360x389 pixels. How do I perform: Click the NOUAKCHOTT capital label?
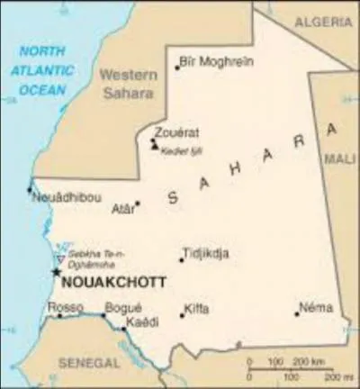pyautogui.click(x=112, y=283)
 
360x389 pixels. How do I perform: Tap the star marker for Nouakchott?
pyautogui.click(x=56, y=271)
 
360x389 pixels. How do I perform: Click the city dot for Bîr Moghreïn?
pyautogui.click(x=177, y=67)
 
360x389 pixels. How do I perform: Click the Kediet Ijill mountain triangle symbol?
pyautogui.click(x=155, y=146)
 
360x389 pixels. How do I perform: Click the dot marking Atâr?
pyautogui.click(x=138, y=204)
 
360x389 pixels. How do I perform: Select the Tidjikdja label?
pyautogui.click(x=205, y=253)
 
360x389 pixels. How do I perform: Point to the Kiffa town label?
pyautogui.click(x=196, y=309)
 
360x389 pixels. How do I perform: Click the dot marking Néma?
pyautogui.click(x=296, y=313)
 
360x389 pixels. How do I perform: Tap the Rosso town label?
pyautogui.click(x=65, y=307)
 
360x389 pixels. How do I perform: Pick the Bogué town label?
pyautogui.click(x=121, y=307)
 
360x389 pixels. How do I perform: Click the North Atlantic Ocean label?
pyautogui.click(x=42, y=70)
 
